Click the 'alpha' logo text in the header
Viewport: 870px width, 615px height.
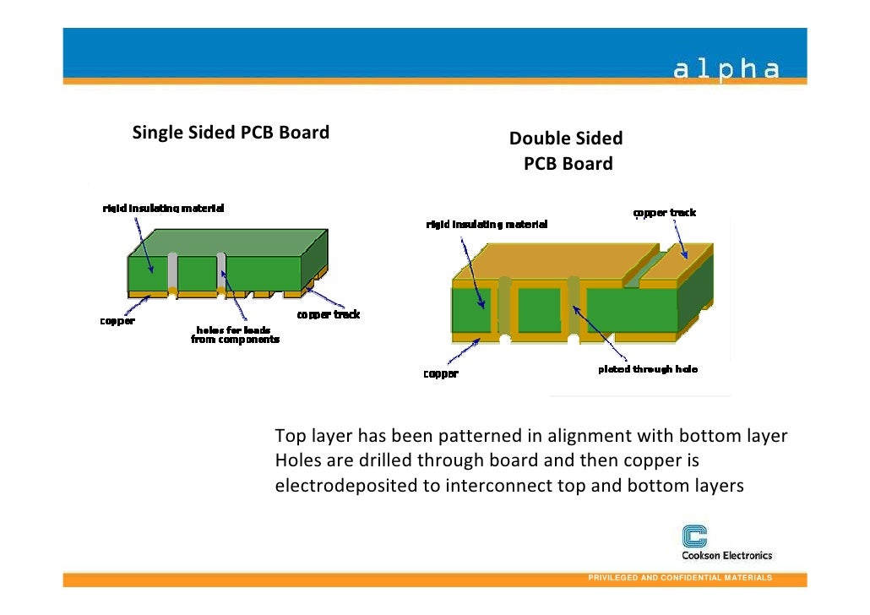click(726, 69)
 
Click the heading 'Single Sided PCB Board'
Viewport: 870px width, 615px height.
click(231, 133)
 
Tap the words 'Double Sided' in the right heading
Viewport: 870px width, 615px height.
click(566, 139)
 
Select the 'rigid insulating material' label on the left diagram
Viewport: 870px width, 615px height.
click(164, 208)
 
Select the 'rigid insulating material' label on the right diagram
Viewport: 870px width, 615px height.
click(487, 225)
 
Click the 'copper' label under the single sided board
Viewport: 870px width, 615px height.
click(118, 322)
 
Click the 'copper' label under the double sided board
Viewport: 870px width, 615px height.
click(441, 373)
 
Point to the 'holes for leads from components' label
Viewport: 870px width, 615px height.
click(233, 335)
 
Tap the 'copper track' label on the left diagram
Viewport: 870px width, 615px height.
click(328, 314)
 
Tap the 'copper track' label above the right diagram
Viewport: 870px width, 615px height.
click(665, 213)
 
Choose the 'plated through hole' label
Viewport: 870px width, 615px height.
click(648, 370)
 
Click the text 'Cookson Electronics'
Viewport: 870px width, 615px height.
click(726, 555)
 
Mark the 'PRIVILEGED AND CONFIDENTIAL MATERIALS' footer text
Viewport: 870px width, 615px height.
click(679, 577)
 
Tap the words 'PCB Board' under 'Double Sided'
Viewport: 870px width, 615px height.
click(568, 164)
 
